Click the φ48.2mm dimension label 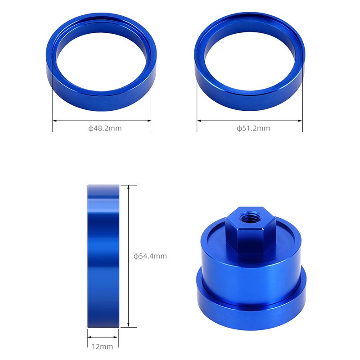point(105,128)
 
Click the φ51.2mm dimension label point(253,128)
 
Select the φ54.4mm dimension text point(150,256)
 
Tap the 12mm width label point(103,346)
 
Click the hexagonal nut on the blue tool point(251,229)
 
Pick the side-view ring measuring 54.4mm point(103,256)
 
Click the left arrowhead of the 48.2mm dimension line point(54,121)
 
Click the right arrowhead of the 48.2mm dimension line point(149,121)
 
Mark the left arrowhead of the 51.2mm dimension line point(199,121)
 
